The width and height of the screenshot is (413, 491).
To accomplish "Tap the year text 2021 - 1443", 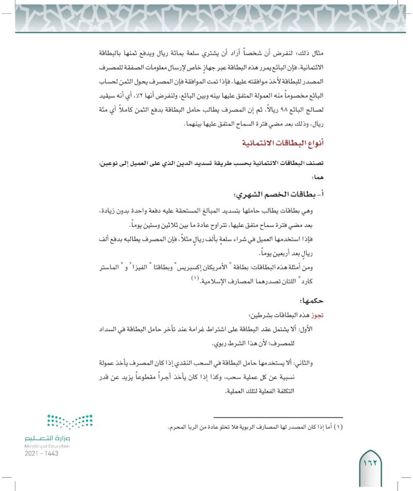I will (x=41, y=453).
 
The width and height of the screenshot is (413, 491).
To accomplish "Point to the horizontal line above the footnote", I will (x=278, y=417).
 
